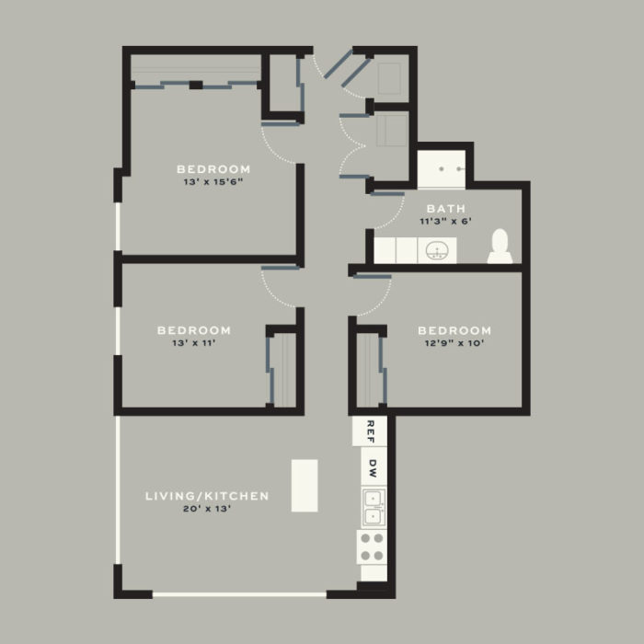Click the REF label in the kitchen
pos(371,430)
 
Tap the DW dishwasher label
pos(373,466)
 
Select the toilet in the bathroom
pos(500,246)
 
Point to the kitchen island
pos(305,485)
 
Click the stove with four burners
pos(372,547)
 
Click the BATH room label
pos(443,209)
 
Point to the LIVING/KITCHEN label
pos(207,496)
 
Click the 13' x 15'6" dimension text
pos(213,182)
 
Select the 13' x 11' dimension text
pos(193,343)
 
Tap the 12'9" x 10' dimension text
pos(454,343)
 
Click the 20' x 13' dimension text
pos(207,509)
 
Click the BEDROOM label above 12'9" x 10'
pos(454,330)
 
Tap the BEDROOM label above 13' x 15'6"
pos(213,169)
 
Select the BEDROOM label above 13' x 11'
pos(193,330)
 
